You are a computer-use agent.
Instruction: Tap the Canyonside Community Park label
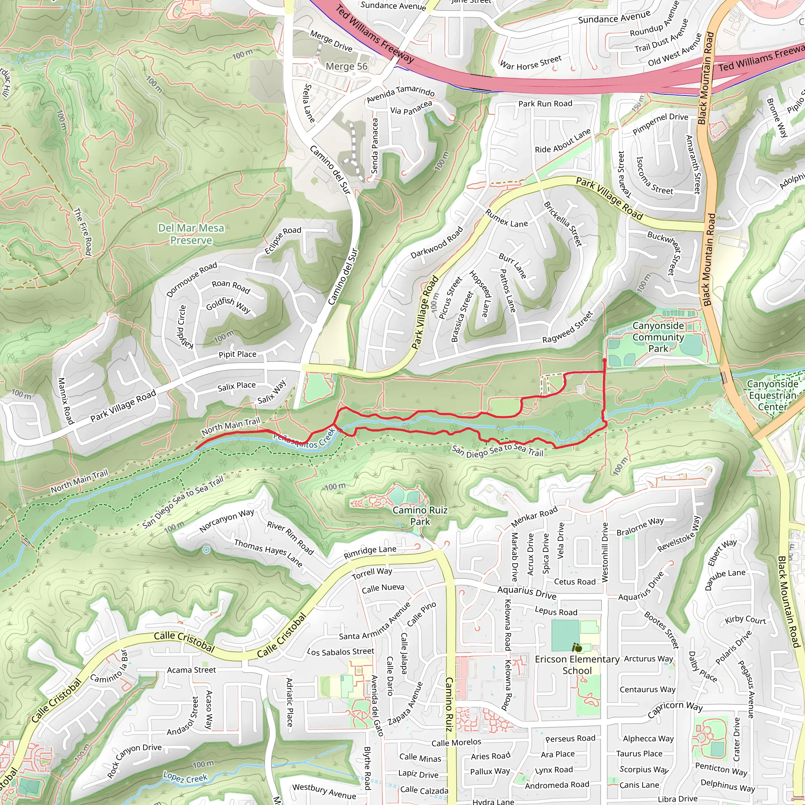[658, 337]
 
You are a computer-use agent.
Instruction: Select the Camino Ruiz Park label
[420, 515]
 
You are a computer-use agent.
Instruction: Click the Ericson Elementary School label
[577, 665]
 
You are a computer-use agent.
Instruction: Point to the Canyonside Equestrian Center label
[772, 395]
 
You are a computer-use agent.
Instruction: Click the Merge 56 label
[347, 66]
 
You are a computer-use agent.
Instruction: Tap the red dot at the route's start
[604, 360]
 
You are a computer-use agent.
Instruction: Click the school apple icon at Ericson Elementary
[577, 647]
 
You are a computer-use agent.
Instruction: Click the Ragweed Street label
[567, 327]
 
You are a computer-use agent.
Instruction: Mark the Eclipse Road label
[283, 241]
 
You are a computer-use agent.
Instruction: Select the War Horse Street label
[530, 62]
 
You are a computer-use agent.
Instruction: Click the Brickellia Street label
[562, 223]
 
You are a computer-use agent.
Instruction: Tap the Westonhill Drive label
[605, 552]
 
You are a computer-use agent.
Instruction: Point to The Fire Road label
[83, 232]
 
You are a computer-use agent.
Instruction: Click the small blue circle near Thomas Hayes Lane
[206, 550]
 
